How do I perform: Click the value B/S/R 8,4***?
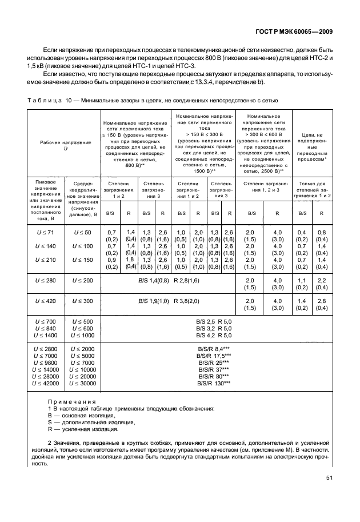click(214, 348)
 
